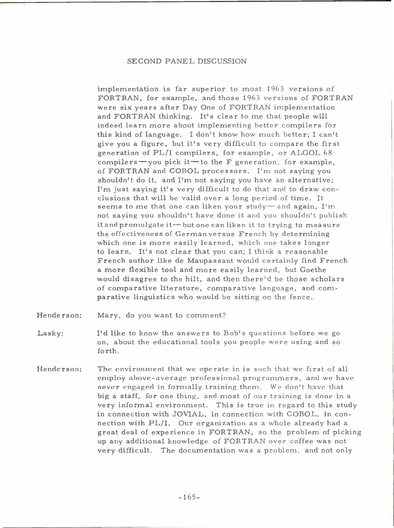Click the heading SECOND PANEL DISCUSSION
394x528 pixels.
[187, 61]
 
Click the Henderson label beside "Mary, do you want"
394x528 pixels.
[59, 315]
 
